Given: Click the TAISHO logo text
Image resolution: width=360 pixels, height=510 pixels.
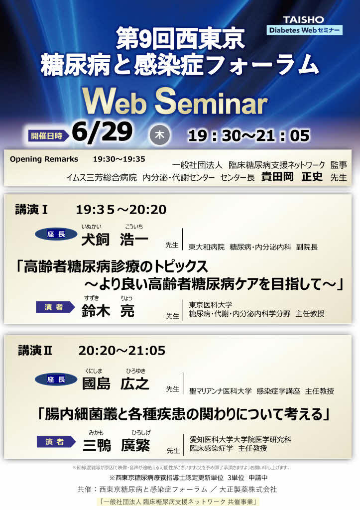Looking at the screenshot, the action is pos(303,20).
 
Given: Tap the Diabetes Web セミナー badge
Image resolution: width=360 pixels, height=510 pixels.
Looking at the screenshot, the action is pos(304,30).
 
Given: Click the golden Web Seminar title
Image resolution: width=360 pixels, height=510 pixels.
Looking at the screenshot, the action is pos(175,102).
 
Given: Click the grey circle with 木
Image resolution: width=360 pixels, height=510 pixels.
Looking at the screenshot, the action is pos(159,134).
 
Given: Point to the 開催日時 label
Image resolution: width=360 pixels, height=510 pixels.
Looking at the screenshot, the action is pos(47,135).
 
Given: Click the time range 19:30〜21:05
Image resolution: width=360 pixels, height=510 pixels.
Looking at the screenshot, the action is pos(249,135).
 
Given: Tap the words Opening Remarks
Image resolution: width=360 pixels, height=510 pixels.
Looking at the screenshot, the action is pos(44,159).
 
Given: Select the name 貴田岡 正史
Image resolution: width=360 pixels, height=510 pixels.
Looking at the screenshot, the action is pos(292,176).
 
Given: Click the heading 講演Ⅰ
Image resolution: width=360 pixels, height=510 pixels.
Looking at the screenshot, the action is pos(31,210).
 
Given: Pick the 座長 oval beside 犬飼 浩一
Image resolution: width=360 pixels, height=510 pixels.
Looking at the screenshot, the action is pos(56,234).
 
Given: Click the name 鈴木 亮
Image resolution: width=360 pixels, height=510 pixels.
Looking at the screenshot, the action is pos(108,311).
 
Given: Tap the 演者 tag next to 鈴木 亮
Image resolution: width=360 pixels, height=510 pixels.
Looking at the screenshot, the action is pos(55,307).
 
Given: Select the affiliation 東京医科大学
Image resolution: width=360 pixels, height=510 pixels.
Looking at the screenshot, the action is pos(211,305).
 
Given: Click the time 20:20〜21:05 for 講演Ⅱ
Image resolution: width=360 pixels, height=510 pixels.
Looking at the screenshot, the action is pos(122,351).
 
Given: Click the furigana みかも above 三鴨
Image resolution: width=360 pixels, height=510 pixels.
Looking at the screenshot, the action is pos(96,433).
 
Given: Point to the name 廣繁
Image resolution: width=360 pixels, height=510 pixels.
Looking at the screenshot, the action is pos(135,445).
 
